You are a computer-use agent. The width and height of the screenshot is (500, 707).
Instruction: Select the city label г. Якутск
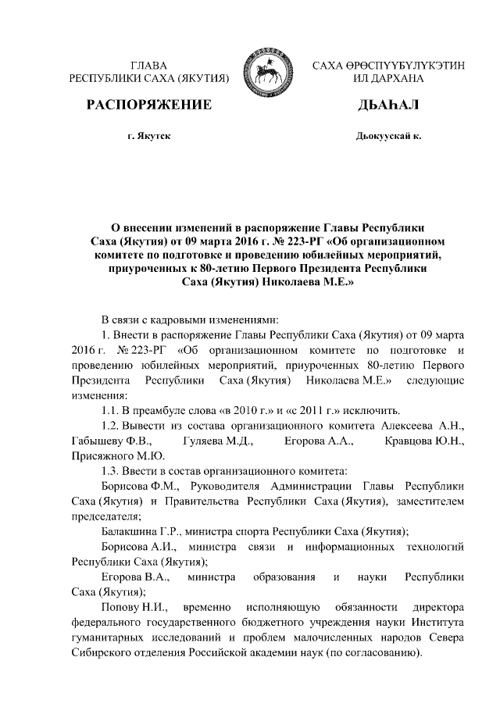[148, 137]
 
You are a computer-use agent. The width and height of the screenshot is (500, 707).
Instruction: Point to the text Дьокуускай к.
[388, 137]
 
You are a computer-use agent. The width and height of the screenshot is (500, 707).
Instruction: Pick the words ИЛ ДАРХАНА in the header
[388, 79]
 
